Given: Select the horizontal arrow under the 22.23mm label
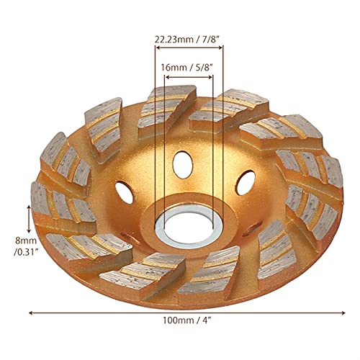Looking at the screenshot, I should point(189,50).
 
